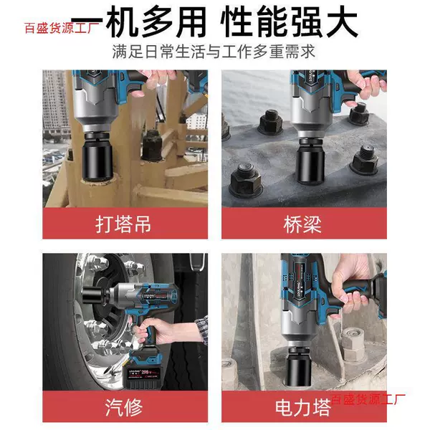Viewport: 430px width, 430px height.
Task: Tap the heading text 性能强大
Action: click(290, 22)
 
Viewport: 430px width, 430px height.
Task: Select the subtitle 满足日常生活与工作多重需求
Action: click(214, 52)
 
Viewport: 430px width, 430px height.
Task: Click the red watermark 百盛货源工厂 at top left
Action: click(62, 28)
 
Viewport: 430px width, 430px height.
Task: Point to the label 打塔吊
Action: click(123, 224)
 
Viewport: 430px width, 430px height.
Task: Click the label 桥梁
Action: click(302, 224)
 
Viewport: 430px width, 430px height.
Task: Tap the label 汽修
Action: click(124, 407)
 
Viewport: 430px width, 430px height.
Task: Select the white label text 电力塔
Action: click(303, 408)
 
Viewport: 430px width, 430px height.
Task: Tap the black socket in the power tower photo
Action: click(300, 367)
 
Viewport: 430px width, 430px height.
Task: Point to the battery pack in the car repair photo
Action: click(145, 371)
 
